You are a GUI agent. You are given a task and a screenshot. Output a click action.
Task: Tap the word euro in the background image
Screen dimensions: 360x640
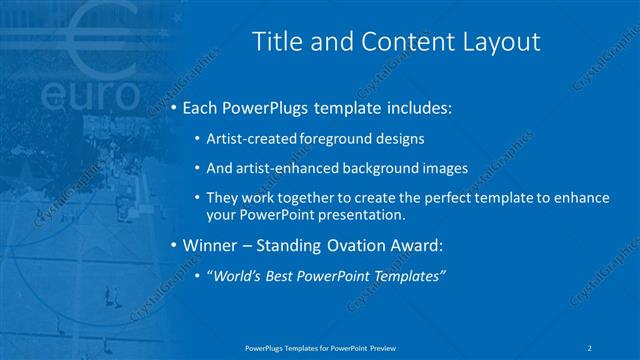91,95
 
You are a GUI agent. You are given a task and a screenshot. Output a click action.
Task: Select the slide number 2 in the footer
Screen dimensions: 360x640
591,346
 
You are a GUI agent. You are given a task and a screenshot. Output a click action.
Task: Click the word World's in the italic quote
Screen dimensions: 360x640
236,276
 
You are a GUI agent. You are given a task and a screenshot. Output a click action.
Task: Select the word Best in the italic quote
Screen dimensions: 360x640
284,276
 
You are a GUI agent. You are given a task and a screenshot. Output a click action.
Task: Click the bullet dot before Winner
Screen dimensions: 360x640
173,245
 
